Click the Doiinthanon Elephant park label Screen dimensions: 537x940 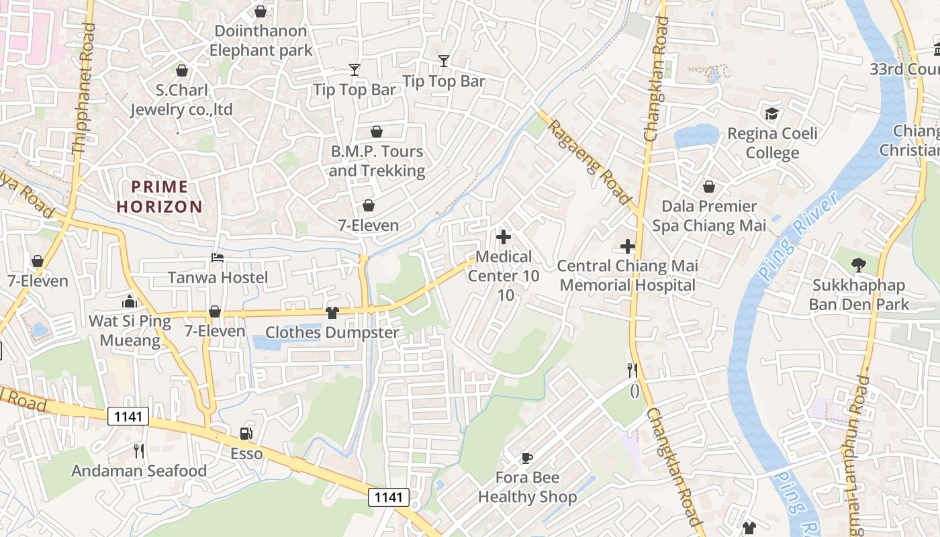pyautogui.click(x=261, y=40)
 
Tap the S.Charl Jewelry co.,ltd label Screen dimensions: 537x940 pyautogui.click(x=181, y=99)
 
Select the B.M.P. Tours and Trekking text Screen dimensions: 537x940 pyautogui.click(x=377, y=161)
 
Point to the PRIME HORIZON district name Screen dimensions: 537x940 pyautogui.click(x=159, y=196)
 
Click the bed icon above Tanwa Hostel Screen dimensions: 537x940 pyautogui.click(x=217, y=258)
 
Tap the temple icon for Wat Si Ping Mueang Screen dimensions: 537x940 pyautogui.click(x=130, y=301)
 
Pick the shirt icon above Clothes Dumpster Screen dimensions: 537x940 pyautogui.click(x=332, y=312)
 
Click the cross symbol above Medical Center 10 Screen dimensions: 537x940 pyautogui.click(x=503, y=236)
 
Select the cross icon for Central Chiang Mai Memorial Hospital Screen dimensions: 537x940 pyautogui.click(x=627, y=246)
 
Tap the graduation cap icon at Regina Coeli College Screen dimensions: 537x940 pyautogui.click(x=772, y=113)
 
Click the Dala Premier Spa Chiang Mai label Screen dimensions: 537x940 pyautogui.click(x=709, y=215)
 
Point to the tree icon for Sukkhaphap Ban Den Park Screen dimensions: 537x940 pyautogui.click(x=857, y=265)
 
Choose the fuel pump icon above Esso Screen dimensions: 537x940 pyautogui.click(x=246, y=434)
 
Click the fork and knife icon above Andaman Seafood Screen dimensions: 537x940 pyautogui.click(x=139, y=450)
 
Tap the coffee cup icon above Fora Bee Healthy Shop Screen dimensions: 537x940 pyautogui.click(x=527, y=458)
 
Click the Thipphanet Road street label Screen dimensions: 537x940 pyautogui.click(x=84, y=91)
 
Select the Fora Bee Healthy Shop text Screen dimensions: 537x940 pyautogui.click(x=527, y=487)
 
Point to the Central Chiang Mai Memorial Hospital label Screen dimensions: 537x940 pyautogui.click(x=627, y=275)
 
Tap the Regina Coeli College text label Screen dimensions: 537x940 pyautogui.click(x=772, y=143)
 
